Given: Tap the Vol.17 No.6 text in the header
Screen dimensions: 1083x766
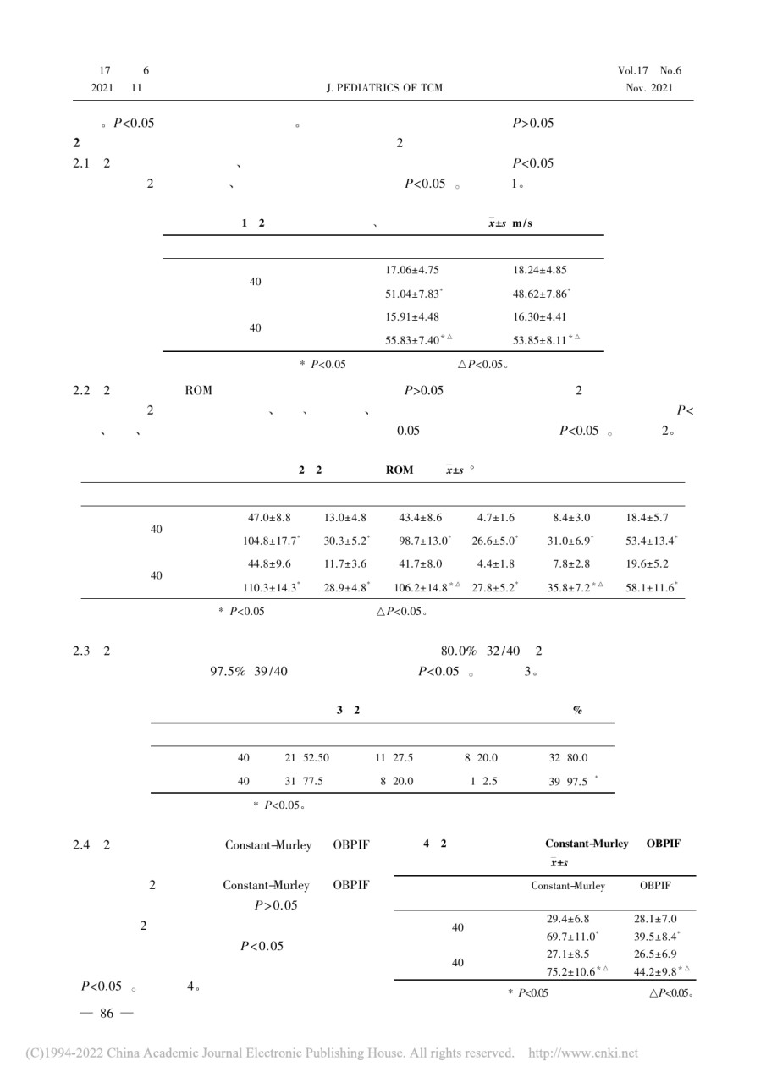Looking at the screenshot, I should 649,70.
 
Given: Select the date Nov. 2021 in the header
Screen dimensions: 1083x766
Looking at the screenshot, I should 649,88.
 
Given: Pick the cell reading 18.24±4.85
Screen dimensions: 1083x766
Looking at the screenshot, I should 540,271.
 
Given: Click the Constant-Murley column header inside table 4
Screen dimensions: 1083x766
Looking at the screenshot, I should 567,886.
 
